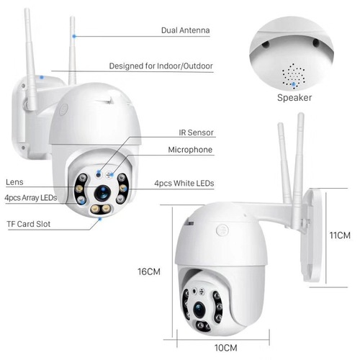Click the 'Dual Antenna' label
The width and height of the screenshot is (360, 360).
coord(185,32)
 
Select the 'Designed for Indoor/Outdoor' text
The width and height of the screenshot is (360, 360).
coord(161,66)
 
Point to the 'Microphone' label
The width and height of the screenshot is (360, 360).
coord(190,150)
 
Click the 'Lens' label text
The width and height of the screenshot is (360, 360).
coord(15,182)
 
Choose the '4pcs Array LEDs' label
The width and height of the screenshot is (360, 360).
coord(30,197)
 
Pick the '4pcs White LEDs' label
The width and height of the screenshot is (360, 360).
coord(184,183)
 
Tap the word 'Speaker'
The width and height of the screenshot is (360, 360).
coord(294,96)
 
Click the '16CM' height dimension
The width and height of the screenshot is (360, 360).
coord(148,271)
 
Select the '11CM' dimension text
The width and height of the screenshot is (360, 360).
coord(339,235)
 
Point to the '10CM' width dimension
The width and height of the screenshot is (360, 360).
coord(225,347)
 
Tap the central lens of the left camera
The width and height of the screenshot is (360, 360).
coord(102,192)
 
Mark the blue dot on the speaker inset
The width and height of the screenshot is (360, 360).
coord(293,84)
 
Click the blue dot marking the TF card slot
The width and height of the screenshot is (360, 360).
coord(101,218)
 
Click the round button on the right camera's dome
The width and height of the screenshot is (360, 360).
coord(222,230)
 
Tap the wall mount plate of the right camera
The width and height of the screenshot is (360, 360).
coord(311,234)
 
